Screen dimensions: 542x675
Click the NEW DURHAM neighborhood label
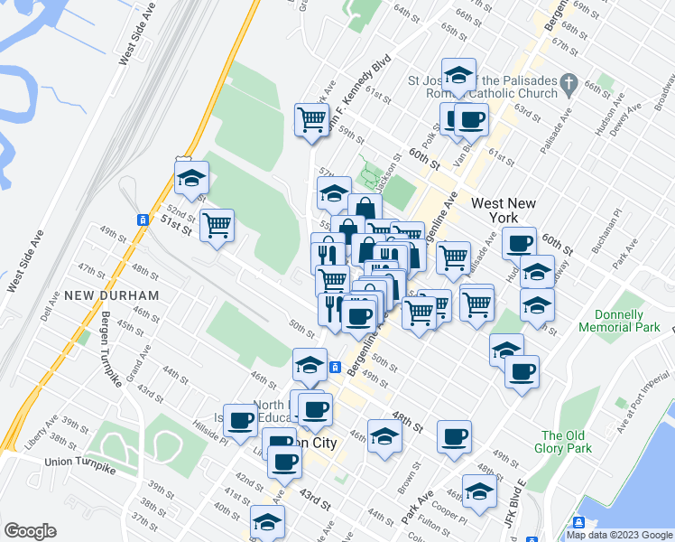tap(112, 295)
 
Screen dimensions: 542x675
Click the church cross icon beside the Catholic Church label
tap(568, 86)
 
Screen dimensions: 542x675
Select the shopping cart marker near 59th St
tap(311, 119)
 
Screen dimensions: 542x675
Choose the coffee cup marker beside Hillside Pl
tap(241, 420)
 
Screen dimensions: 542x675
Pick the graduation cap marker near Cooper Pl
tap(479, 492)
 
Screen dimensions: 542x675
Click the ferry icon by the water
tap(578, 522)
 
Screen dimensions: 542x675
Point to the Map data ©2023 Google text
tap(618, 535)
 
